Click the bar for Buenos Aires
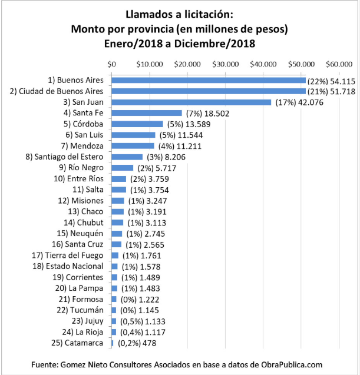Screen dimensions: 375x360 208,80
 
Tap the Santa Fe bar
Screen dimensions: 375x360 147,113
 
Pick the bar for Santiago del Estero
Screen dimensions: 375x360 127,157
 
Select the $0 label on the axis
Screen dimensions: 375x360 111,64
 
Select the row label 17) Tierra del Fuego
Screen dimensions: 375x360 67,255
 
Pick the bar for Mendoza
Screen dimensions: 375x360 133,146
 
